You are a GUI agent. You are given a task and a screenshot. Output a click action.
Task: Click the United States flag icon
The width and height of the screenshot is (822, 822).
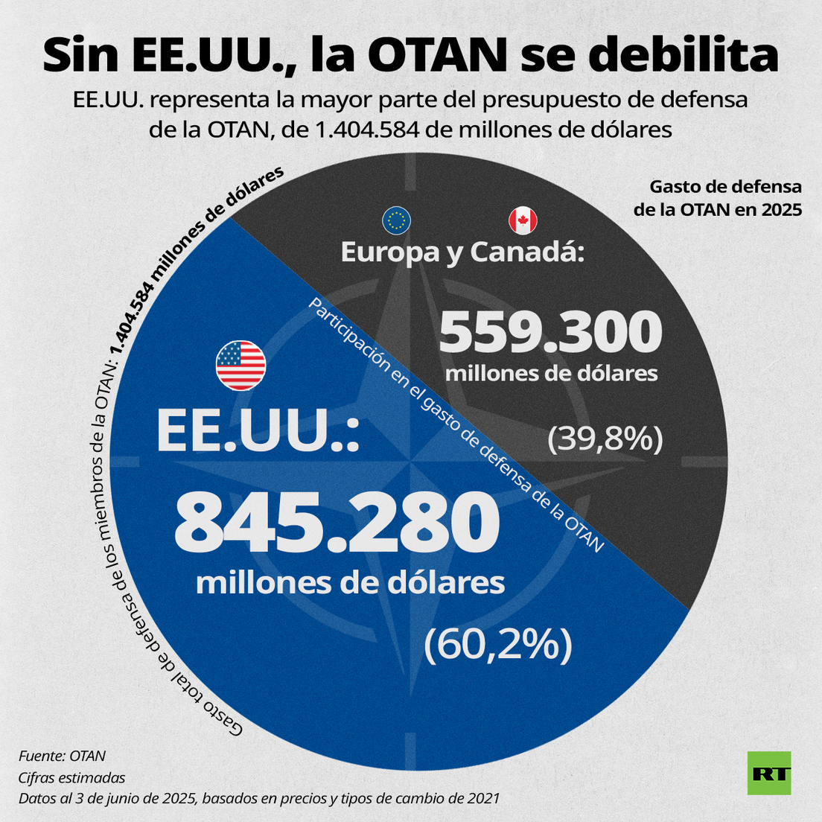(x=240, y=366)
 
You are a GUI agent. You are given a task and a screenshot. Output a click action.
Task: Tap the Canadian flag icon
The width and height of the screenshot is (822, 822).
(x=523, y=220)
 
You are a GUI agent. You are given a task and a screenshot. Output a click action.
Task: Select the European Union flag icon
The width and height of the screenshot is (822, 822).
(x=396, y=220)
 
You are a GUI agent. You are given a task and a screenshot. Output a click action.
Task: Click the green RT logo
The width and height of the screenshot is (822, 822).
(x=769, y=773)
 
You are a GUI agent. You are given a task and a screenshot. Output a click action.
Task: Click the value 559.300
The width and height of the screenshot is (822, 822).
(x=550, y=332)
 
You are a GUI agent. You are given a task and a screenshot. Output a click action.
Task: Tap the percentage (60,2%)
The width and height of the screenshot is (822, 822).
(x=497, y=645)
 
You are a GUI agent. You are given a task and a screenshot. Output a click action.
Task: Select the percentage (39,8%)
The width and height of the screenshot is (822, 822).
(x=605, y=439)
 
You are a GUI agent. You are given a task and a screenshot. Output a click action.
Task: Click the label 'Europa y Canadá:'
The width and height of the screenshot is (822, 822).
(x=462, y=252)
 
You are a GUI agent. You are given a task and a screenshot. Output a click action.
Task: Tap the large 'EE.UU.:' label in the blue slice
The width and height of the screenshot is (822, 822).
(x=258, y=432)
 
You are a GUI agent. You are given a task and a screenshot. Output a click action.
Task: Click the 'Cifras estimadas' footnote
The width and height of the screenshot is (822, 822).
(x=72, y=777)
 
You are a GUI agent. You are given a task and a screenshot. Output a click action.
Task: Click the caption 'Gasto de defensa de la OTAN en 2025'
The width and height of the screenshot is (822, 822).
(x=717, y=198)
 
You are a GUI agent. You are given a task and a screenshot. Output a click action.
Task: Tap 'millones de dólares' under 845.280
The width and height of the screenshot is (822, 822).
(x=350, y=582)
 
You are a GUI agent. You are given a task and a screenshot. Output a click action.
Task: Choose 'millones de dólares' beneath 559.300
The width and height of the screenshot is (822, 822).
(x=551, y=372)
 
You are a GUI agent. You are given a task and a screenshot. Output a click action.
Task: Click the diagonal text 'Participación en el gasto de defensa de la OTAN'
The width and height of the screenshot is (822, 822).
(x=455, y=425)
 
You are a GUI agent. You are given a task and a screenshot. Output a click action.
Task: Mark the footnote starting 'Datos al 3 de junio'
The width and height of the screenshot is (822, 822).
(x=259, y=798)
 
